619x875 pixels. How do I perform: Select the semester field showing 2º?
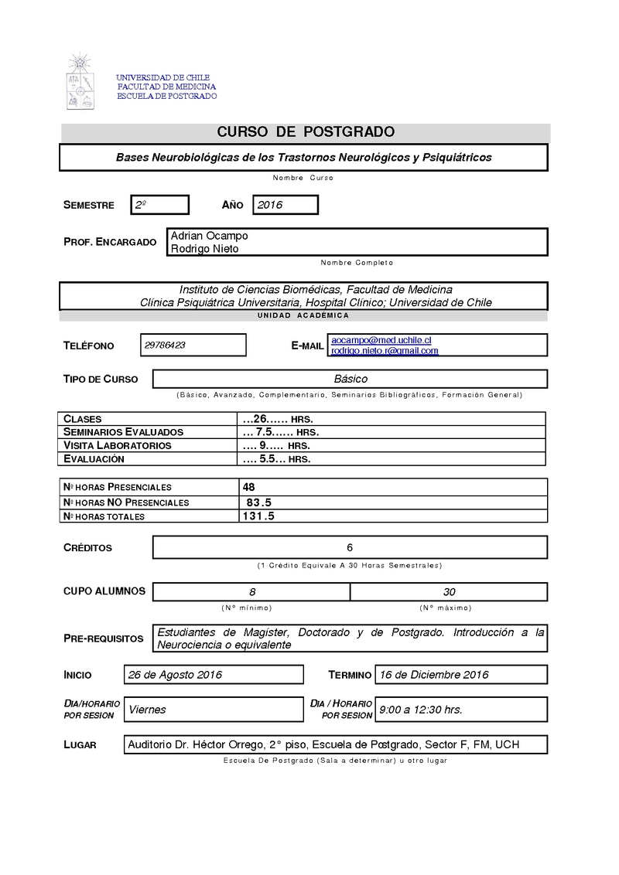pos(160,205)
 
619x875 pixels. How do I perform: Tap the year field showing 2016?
pos(286,205)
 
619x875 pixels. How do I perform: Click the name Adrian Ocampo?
pos(209,236)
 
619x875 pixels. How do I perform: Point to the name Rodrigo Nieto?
pos(204,249)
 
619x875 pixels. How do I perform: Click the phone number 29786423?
pos(165,346)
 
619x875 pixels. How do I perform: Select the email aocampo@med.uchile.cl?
pos(381,340)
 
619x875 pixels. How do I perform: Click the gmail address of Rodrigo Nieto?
pos(385,351)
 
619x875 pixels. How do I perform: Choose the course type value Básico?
pos(351,380)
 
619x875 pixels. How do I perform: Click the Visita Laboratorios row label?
pos(117,445)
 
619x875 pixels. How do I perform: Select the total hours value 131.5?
pos(259,516)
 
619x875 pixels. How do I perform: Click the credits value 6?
pos(350,547)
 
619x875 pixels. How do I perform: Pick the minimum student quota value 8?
pos(252,592)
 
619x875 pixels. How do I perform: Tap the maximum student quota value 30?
pos(449,592)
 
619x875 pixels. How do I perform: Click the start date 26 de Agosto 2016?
pos(175,675)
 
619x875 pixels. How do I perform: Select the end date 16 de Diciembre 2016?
pos(433,675)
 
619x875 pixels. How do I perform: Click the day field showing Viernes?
pos(147,710)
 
